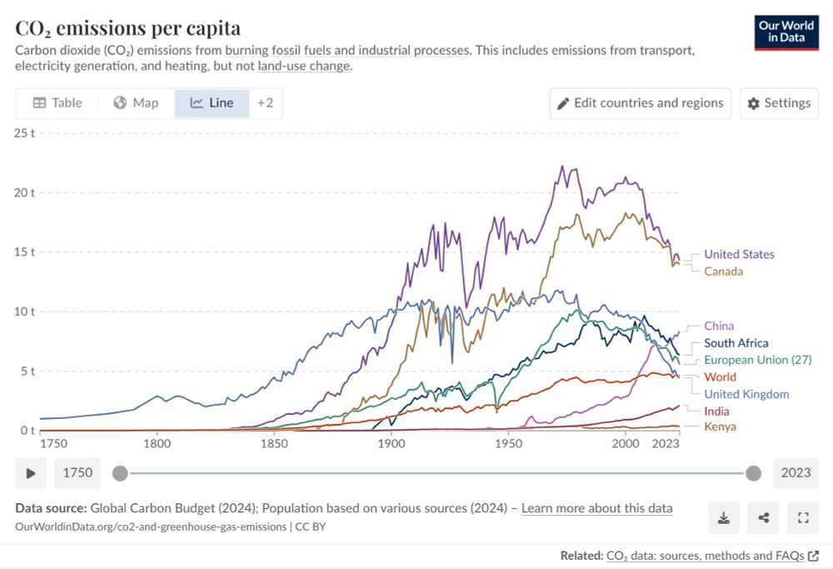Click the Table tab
tap(57, 102)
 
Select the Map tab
tap(136, 102)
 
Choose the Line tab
tap(212, 102)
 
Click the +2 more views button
tap(265, 102)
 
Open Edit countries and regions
tap(640, 103)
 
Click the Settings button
tap(779, 103)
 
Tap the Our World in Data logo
tap(786, 32)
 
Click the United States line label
tap(739, 254)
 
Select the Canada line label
tap(723, 271)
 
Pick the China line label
tap(719, 326)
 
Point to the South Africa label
tap(736, 342)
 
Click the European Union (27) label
tap(757, 360)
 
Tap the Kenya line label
tap(720, 427)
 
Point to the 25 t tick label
tap(25, 132)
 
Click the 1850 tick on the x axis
tap(274, 443)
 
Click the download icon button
tap(724, 518)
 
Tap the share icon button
tap(764, 518)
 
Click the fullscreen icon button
tap(803, 518)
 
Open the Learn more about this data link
tap(596, 508)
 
